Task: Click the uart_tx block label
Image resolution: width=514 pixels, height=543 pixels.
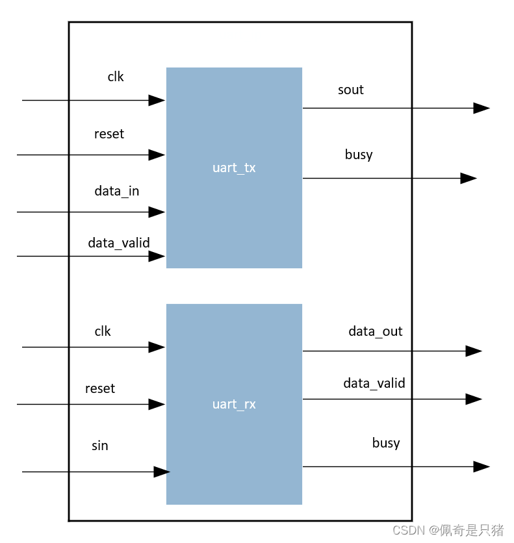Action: tap(234, 168)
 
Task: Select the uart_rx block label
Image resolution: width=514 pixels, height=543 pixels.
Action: tap(234, 404)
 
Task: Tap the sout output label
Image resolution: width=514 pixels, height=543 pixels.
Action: tap(350, 90)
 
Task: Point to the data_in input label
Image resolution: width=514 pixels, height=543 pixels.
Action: tap(117, 191)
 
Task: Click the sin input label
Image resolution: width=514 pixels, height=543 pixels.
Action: tap(99, 446)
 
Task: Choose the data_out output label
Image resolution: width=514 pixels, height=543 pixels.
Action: tap(376, 331)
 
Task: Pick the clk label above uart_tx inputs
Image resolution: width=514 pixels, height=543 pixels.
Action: tap(116, 77)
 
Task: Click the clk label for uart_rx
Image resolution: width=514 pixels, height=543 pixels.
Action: tap(103, 331)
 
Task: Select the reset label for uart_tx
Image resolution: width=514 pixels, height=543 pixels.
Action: tap(109, 134)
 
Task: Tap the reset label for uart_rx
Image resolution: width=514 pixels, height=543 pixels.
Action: tap(100, 388)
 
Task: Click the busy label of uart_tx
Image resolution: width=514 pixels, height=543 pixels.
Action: tap(359, 155)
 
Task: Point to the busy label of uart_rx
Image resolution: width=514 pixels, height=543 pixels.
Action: tap(386, 443)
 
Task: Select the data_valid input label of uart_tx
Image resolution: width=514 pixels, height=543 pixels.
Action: tap(119, 243)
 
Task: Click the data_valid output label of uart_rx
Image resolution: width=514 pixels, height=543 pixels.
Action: tap(374, 383)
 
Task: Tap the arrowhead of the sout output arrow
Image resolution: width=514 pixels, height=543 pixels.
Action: tap(481, 108)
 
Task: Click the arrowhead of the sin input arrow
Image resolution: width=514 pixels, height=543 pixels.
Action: tap(162, 472)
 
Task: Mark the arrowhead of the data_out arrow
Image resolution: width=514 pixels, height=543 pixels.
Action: tap(474, 351)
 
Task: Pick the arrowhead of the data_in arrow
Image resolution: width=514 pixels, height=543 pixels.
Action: tap(157, 212)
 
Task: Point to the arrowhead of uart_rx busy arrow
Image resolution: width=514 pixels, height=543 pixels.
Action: tap(481, 466)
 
